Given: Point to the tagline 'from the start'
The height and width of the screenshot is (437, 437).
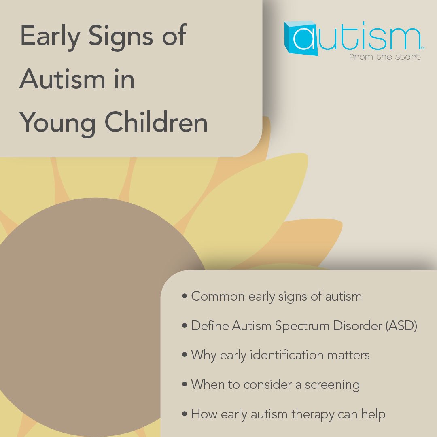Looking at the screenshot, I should [x=384, y=57].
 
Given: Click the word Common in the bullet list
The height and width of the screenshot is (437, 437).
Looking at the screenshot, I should [x=218, y=297].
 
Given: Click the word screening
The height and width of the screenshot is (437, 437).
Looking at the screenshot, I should [x=333, y=385].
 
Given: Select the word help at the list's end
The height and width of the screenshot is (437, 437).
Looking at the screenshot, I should [x=373, y=414].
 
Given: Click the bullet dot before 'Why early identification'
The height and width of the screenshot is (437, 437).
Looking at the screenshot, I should [x=185, y=356].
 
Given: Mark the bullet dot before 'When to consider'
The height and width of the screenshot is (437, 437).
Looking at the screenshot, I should [x=185, y=385].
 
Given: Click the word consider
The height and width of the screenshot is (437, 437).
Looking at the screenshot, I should [x=268, y=385].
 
